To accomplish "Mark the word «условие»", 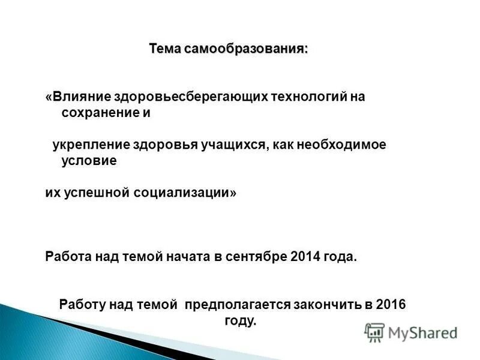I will tap(89, 161).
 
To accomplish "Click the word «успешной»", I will tap(95, 193).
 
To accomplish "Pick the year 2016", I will tap(391, 305).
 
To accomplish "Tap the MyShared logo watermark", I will tap(411, 332).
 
